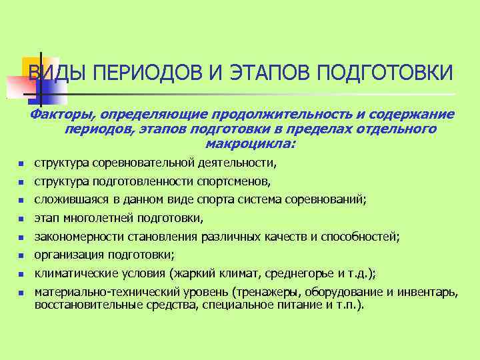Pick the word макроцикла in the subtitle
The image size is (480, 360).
249,143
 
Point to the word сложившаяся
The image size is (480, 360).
68,199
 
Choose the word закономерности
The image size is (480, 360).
75,236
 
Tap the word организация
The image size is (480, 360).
66,254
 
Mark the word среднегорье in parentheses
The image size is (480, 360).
303,273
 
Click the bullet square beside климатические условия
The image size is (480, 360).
21,273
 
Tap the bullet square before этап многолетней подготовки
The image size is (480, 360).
21,218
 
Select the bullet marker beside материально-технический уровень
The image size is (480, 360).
21,292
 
